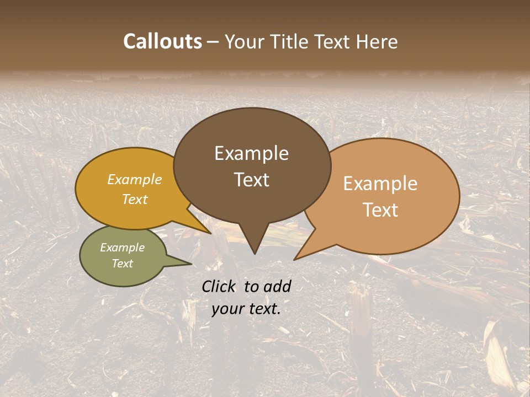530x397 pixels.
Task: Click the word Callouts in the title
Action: click(162, 41)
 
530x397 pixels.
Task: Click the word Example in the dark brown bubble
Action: click(251, 153)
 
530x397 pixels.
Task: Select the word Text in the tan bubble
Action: click(380, 210)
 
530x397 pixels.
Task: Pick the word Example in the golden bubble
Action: click(135, 179)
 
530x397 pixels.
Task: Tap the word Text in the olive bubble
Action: click(122, 264)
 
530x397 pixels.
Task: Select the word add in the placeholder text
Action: click(277, 286)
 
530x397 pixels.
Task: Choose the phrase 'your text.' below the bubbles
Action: click(246, 309)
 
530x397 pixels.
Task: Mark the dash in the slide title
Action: click(213, 42)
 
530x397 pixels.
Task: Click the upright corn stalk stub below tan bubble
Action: click(361, 320)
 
